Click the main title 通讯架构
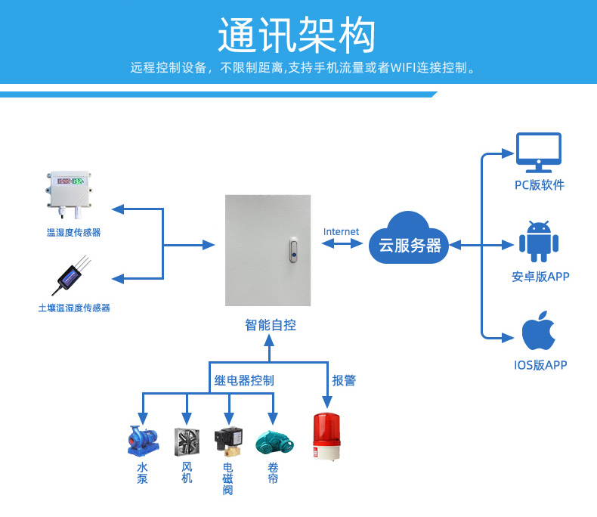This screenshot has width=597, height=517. coord(296,34)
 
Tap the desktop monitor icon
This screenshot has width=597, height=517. coord(538,151)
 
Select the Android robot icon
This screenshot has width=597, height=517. coord(539,240)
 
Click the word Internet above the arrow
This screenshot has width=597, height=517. coord(342,231)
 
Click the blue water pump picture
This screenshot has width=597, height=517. coord(143,441)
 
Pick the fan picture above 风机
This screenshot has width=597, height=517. coord(187,441)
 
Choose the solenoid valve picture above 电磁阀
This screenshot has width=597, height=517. coord(228,441)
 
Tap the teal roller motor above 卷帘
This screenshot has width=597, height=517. coord(272,441)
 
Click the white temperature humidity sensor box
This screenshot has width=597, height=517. coord(68,193)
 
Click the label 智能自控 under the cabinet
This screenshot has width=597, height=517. coord(270,326)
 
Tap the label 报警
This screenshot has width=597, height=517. coord(344,380)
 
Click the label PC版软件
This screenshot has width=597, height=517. coord(540,185)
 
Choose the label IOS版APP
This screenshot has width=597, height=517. coord(540,366)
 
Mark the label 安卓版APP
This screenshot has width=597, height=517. coord(540,277)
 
